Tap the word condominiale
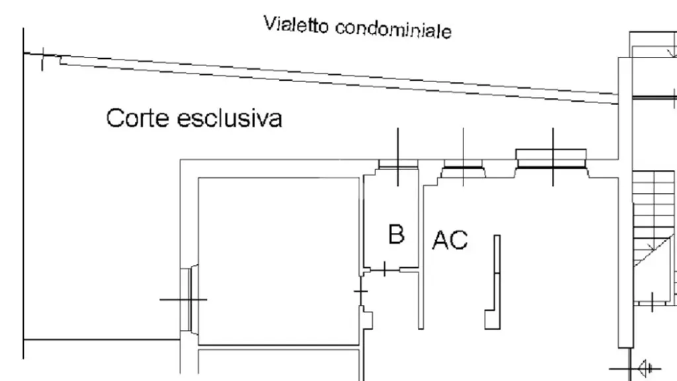tap(393, 30)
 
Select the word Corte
tap(138, 118)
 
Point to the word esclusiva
tap(229, 118)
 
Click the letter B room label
tap(397, 234)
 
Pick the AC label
tap(450, 240)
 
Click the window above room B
tap(398, 164)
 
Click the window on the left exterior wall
tap(190, 299)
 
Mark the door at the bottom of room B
tap(385, 270)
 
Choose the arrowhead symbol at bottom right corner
tap(645, 368)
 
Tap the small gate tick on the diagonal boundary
tap(42, 59)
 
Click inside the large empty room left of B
tap(278, 261)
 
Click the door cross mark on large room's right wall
tap(361, 292)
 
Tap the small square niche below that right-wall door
tap(368, 320)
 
